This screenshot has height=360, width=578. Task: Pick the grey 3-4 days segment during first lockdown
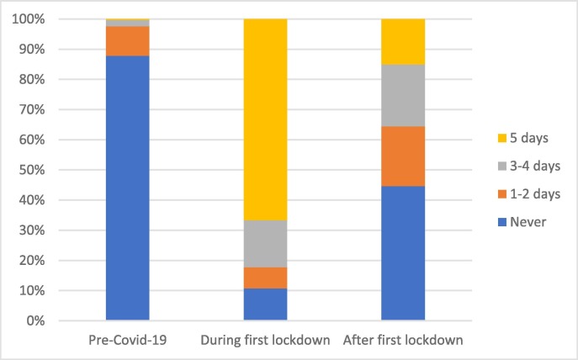[265, 244]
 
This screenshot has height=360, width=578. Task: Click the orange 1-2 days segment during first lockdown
[265, 278]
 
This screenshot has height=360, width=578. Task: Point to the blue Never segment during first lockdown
[265, 304]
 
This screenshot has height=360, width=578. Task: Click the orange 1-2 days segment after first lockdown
[403, 156]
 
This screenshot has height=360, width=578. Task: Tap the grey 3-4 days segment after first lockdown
[403, 95]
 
